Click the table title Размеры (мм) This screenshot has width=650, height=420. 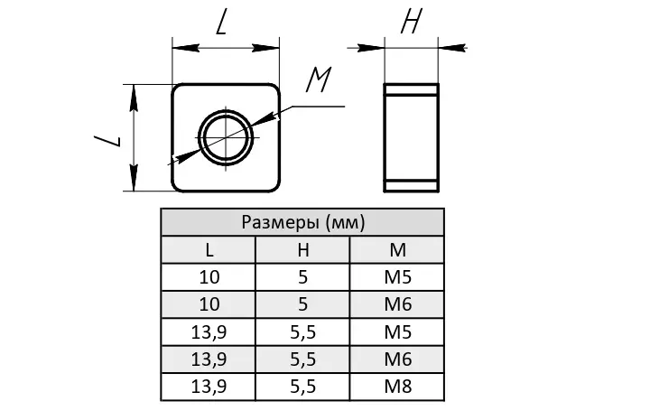(302, 222)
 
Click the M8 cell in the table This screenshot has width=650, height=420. (396, 387)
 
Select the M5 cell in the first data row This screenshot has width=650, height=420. (396, 277)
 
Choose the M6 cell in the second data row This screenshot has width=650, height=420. (396, 304)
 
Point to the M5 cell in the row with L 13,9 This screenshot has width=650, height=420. (396, 332)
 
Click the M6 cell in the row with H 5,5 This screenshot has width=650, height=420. (396, 359)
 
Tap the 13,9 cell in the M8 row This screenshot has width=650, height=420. (209, 387)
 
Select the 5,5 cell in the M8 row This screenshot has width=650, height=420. (302, 387)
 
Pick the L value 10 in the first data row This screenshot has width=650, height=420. (209, 277)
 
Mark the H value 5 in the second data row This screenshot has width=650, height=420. (302, 304)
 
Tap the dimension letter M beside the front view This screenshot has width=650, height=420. (317, 81)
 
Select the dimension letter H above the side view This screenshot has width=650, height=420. (411, 23)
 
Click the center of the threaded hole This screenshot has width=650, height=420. (226, 138)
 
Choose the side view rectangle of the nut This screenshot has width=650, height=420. (412, 137)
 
